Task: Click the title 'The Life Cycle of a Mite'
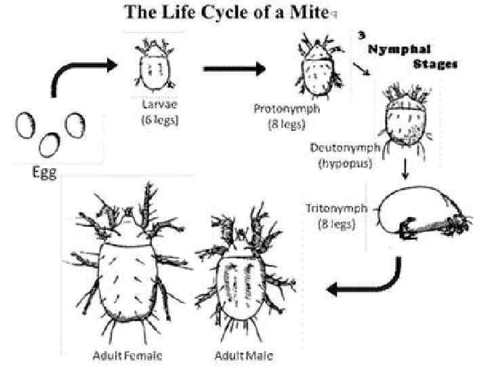227,13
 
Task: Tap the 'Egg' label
45,171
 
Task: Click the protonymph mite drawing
316,66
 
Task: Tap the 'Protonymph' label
288,109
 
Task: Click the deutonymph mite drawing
406,115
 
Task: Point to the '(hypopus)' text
339,163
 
